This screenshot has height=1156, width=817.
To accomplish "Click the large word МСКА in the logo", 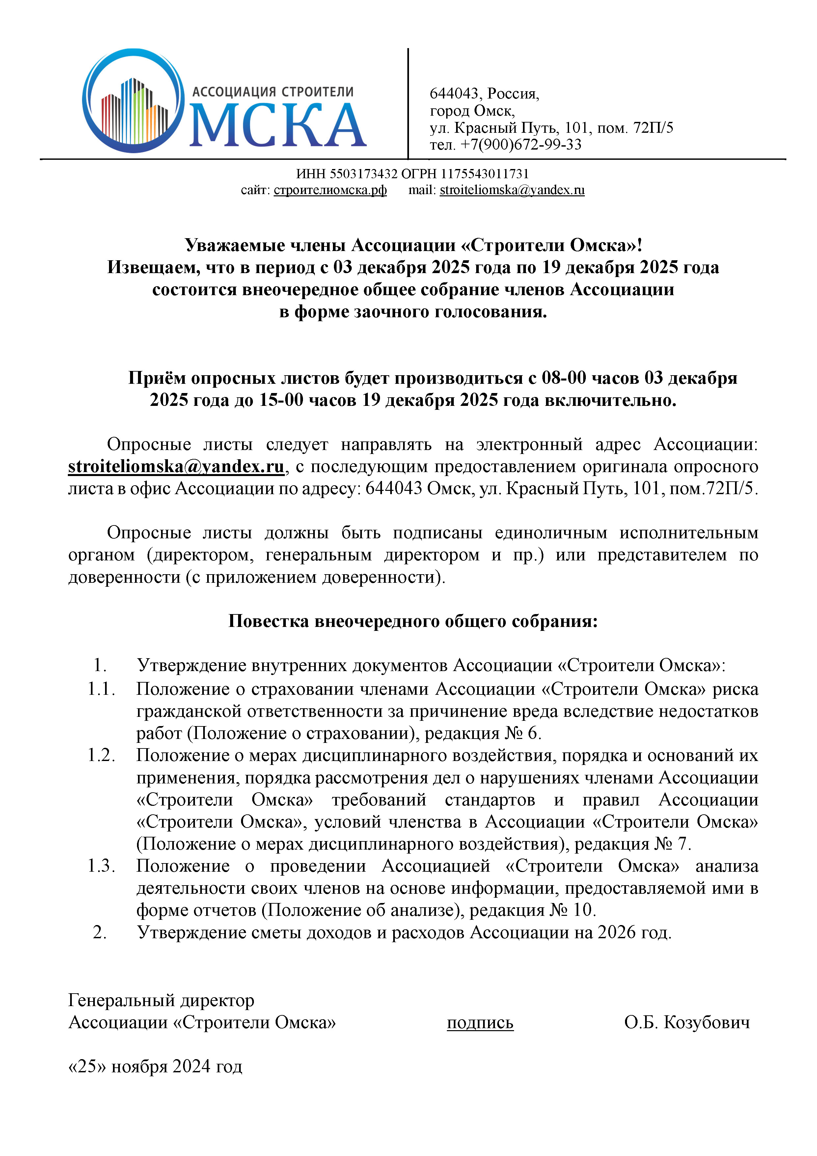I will [278, 126].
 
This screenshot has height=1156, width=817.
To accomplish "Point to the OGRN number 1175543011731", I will [485, 174].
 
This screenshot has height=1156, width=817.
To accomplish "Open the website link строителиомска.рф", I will [330, 190].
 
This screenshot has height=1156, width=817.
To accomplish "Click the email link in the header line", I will [512, 190].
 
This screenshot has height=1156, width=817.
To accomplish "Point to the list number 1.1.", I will [101, 689].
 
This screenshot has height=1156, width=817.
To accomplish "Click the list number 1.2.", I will [101, 755].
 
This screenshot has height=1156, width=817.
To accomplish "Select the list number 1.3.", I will [101, 866].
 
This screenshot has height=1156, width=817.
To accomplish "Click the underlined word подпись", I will [480, 1023].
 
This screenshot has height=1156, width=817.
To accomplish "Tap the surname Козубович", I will [707, 1023].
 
